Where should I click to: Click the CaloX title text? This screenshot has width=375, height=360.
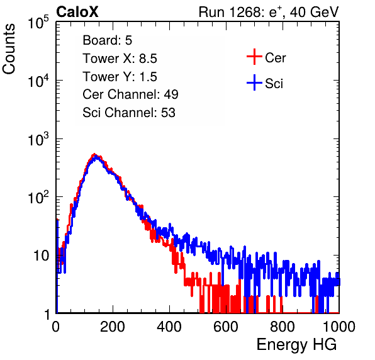(77, 12)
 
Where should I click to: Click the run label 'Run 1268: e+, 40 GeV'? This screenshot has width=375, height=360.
(269, 12)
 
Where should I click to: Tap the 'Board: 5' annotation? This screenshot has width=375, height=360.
(108, 40)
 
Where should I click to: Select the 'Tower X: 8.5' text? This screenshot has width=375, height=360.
(120, 58)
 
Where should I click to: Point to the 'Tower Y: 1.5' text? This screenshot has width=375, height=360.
(120, 77)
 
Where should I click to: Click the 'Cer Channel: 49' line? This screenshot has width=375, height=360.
(130, 94)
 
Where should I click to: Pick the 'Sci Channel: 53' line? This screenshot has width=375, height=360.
(129, 113)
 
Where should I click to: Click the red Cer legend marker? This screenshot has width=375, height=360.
(254, 57)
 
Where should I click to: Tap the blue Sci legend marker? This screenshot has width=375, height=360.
(254, 82)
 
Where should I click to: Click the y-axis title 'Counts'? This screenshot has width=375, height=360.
(9, 49)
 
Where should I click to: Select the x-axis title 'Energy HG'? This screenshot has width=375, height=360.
(296, 345)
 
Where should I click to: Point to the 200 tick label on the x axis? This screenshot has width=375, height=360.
(113, 327)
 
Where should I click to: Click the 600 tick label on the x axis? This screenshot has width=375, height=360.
(226, 327)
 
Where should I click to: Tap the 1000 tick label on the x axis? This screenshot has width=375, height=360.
(339, 327)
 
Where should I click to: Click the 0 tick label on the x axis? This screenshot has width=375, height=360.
(56, 327)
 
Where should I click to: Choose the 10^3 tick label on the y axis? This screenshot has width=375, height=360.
(38, 139)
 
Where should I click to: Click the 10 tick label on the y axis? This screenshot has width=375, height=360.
(42, 256)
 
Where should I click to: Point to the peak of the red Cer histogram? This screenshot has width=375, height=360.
(94, 155)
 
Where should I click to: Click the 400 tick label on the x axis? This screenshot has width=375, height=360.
(169, 327)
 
